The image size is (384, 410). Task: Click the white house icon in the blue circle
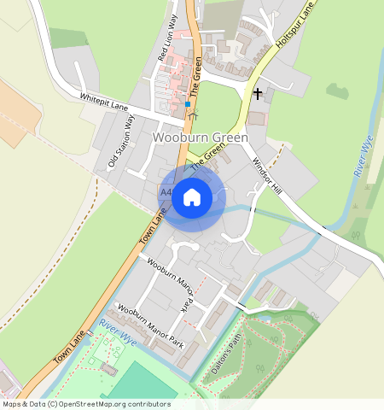pyautogui.click(x=192, y=197)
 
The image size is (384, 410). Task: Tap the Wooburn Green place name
pyautogui.click(x=201, y=137)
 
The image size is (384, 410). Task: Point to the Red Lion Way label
pyautogui.click(x=167, y=37)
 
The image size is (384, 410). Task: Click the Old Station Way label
pyautogui.click(x=120, y=140)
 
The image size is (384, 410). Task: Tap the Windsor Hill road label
pyautogui.click(x=266, y=175)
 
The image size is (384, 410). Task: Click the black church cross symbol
pyautogui.click(x=258, y=91)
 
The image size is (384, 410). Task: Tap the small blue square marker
pyautogui.click(x=187, y=104)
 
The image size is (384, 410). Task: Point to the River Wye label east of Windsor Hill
pyautogui.click(x=362, y=157)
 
